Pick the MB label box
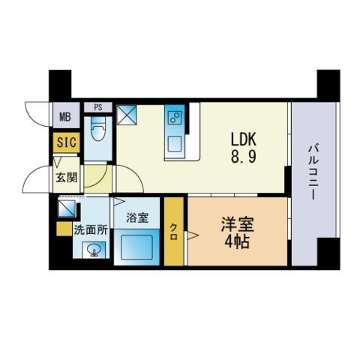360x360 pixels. coord(64,116)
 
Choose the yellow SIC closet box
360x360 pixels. coord(64,140)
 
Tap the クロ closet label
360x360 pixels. coord(173,229)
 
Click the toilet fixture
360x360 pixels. coord(97,136)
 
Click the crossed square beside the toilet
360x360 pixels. coord(127,115)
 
